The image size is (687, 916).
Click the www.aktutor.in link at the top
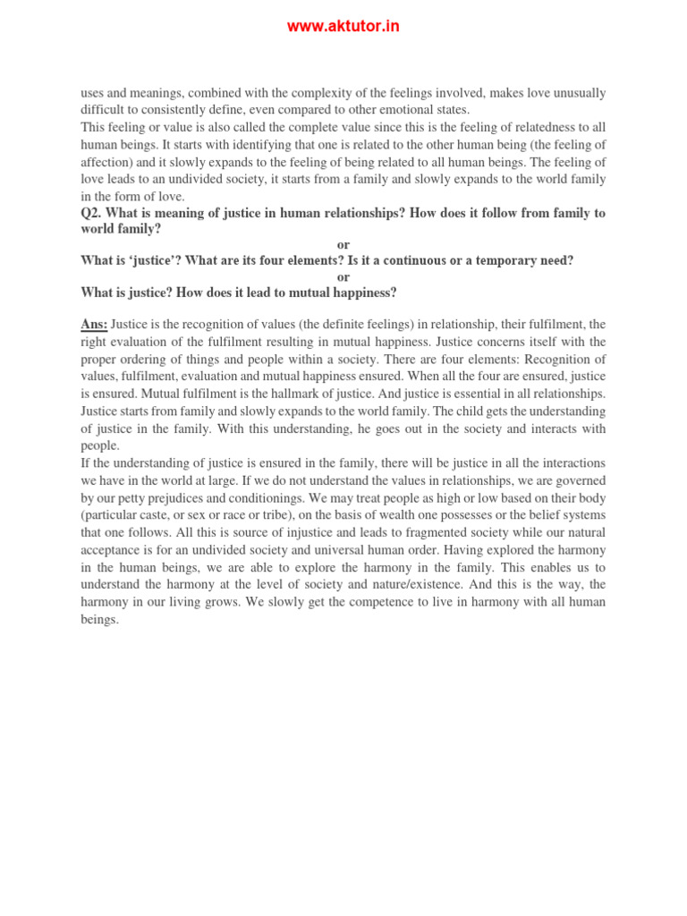click(343, 27)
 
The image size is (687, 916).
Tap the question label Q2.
click(92, 213)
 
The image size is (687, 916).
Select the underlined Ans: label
click(94, 325)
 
